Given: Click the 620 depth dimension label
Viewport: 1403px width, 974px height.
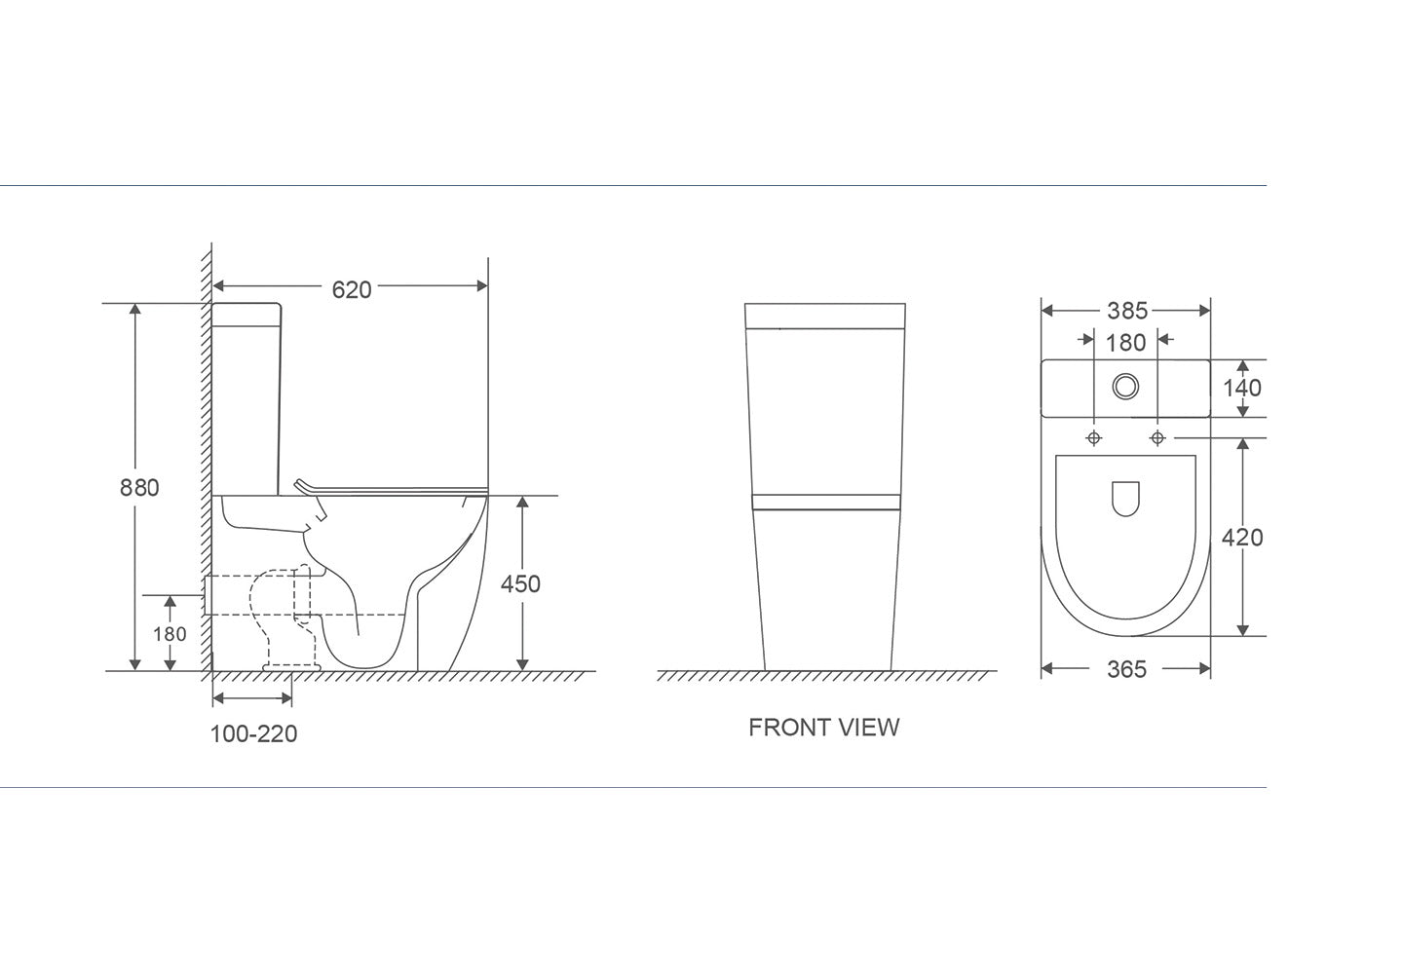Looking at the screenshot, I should coord(351,288).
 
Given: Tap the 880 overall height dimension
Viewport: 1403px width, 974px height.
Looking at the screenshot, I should coord(139,487).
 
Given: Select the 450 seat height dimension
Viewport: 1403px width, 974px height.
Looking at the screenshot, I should coord(520,583).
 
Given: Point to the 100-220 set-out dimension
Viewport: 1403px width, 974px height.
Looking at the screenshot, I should coord(253,733).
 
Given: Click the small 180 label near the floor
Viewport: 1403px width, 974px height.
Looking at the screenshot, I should coord(170,634).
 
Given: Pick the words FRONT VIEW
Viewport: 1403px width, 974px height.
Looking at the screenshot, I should coord(823,728).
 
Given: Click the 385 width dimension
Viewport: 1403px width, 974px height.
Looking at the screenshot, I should coord(1126,311).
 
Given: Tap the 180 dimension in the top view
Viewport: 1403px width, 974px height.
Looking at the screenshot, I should coord(1125,342).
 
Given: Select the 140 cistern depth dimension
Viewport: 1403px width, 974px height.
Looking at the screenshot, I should coord(1241,388).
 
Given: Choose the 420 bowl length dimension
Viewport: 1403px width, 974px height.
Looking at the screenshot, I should coord(1242,537).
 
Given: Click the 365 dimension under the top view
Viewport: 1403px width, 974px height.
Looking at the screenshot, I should coord(1126,669).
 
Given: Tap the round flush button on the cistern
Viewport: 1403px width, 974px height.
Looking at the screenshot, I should coord(1126,387).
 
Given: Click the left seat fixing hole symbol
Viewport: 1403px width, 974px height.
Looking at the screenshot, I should coord(1094,438).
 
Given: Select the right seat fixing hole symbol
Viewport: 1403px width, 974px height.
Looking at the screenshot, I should coord(1157,438).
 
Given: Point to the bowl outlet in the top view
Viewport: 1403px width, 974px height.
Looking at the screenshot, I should coord(1126,498).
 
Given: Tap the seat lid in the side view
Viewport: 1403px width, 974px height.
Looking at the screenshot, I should coord(390,487).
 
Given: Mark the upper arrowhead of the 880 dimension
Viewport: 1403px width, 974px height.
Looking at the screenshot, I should coord(135,310).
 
